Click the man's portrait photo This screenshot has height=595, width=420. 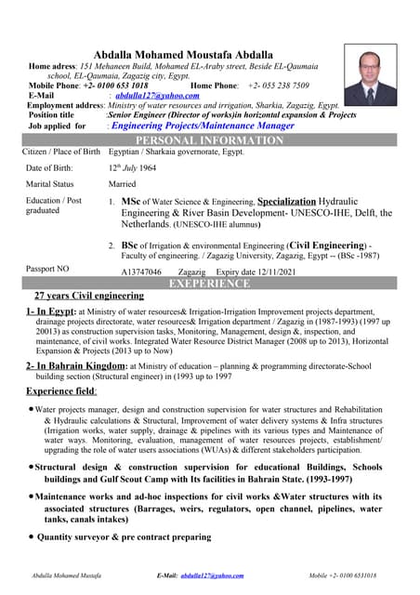coord(369,75)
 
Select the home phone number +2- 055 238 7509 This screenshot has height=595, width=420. coord(279,86)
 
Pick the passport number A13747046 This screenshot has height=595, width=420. coord(148,271)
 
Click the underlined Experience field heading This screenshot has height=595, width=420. coord(61,392)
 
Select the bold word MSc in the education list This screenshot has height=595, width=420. coord(131,201)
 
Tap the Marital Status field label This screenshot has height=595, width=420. coord(50,184)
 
